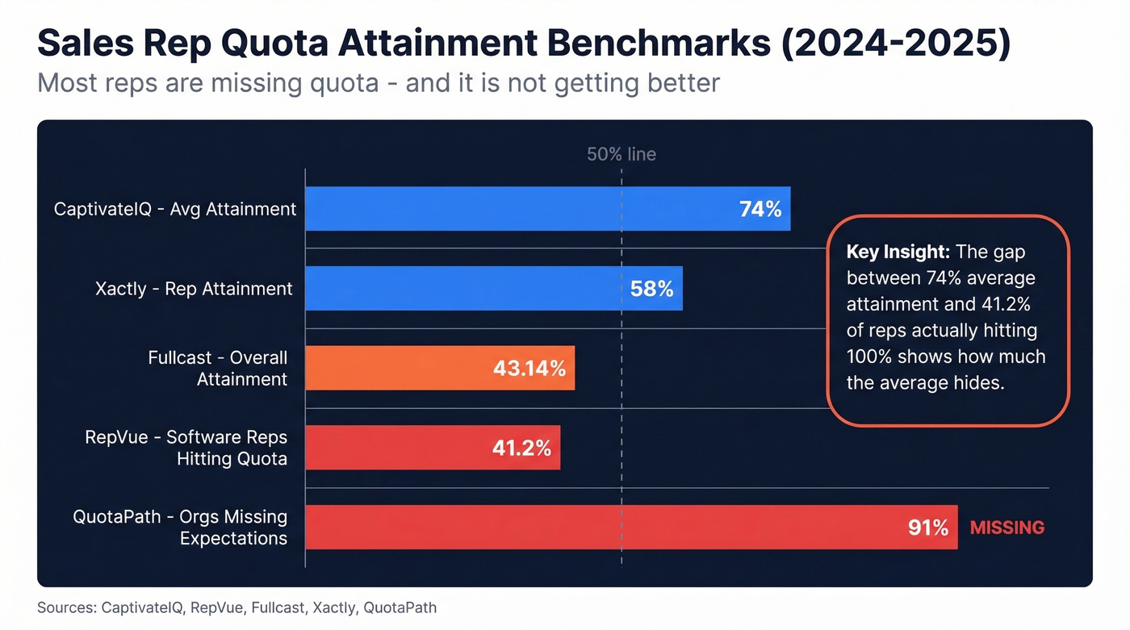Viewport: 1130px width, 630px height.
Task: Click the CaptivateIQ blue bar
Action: click(x=517, y=209)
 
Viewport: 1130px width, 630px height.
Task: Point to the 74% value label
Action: click(x=760, y=210)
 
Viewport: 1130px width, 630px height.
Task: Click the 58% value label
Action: click(x=651, y=289)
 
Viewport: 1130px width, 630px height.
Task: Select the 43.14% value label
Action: click(x=529, y=369)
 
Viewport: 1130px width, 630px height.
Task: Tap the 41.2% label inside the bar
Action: click(x=521, y=448)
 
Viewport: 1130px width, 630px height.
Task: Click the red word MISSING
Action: click(x=1007, y=528)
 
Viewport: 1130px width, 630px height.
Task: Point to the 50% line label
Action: click(x=621, y=154)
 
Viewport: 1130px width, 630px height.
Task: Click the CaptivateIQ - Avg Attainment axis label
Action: click(x=175, y=209)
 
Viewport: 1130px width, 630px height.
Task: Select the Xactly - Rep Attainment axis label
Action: click(x=194, y=288)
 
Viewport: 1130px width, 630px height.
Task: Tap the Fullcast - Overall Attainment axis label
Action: click(x=218, y=368)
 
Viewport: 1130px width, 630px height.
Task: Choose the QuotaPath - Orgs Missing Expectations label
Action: click(x=180, y=528)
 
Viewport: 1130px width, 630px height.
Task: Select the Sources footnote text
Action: click(x=236, y=607)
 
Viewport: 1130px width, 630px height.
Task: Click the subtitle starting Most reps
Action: click(x=378, y=83)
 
